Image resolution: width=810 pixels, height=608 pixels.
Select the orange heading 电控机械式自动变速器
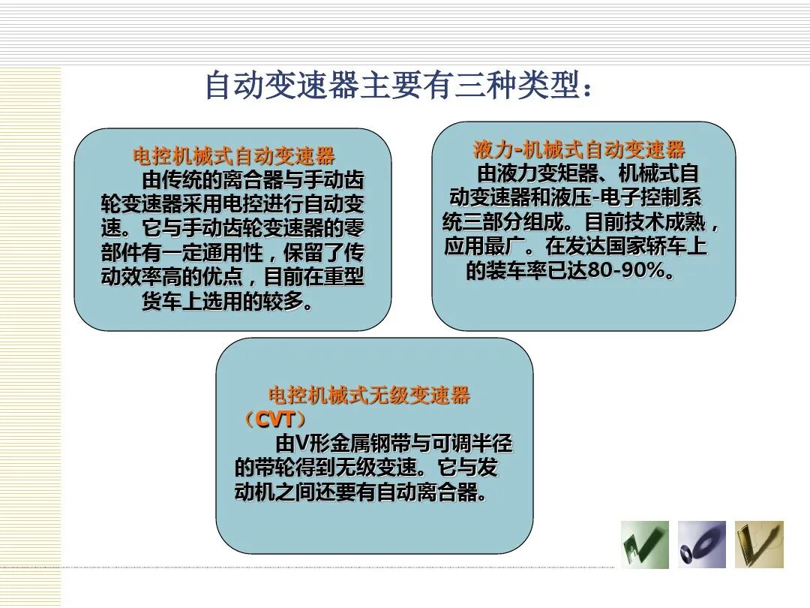pyautogui.click(x=233, y=156)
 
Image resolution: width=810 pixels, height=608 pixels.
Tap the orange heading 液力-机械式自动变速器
pyautogui.click(x=579, y=149)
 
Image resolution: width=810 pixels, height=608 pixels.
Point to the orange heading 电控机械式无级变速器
pyautogui.click(x=369, y=396)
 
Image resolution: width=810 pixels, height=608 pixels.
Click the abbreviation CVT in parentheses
pyautogui.click(x=274, y=420)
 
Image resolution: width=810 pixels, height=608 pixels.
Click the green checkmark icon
pyautogui.click(x=644, y=544)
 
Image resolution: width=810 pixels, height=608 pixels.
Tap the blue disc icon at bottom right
pyautogui.click(x=701, y=544)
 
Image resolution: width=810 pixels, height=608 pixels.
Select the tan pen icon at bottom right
pyautogui.click(x=758, y=544)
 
